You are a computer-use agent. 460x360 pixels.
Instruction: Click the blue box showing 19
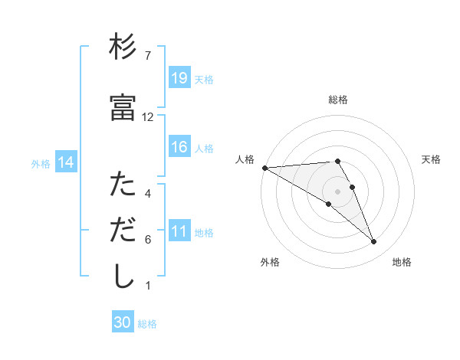179,77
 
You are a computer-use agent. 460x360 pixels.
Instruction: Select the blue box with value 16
179,147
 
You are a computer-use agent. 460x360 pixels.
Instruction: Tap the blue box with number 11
179,231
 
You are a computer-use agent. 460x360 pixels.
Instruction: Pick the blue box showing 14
66,162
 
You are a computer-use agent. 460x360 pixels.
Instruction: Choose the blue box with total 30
123,322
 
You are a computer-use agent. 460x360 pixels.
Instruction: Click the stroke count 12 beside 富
148,117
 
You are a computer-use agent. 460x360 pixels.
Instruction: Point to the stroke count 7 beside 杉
148,56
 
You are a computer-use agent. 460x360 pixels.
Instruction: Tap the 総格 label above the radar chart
338,100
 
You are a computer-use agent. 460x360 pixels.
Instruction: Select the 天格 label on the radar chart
431,159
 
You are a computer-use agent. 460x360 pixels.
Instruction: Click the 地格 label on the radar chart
402,262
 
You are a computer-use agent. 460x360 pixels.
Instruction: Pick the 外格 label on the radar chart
270,262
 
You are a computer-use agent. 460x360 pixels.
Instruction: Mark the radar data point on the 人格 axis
264,167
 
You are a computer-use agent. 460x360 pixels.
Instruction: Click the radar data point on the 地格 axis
373,241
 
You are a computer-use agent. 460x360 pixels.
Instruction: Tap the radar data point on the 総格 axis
338,161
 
